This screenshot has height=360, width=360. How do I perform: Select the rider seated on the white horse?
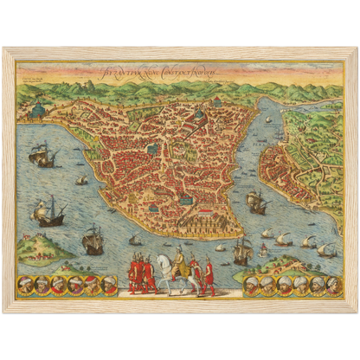point(178,260)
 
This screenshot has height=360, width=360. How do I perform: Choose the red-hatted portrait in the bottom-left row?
point(76,285)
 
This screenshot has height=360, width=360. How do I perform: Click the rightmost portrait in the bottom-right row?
point(330,285)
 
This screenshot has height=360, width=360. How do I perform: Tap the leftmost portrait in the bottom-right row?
point(249,285)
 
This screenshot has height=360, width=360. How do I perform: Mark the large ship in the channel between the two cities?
point(257,201)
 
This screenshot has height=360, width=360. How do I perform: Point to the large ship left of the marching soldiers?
point(93,241)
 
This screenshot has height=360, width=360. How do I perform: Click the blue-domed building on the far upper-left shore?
point(36,113)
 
